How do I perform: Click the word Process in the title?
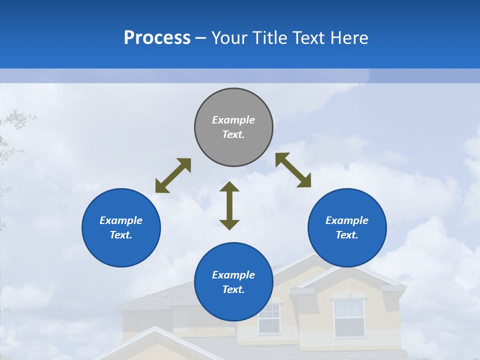pyautogui.click(x=157, y=38)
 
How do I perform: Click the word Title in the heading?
pyautogui.click(x=270, y=38)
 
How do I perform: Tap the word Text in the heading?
pyautogui.click(x=309, y=38)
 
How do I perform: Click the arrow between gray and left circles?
pyautogui.click(x=173, y=175)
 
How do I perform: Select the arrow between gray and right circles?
pyautogui.click(x=293, y=170)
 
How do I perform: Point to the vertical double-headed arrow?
pyautogui.click(x=229, y=205)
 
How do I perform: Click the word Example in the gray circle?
pyautogui.click(x=233, y=120)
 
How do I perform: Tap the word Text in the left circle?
pyautogui.click(x=121, y=235)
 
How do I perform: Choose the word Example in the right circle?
pyautogui.click(x=347, y=220)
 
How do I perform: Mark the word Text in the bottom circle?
pyautogui.click(x=233, y=289)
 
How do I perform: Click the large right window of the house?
pyautogui.click(x=349, y=317)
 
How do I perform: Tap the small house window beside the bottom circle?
pyautogui.click(x=269, y=318)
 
